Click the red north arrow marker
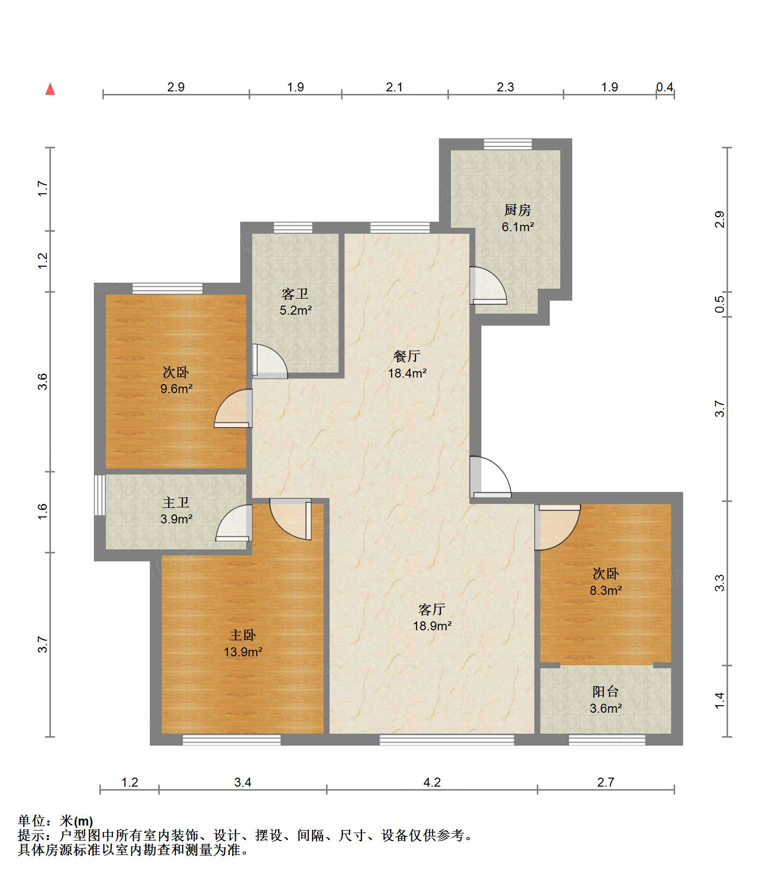pos(50,89)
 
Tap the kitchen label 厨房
pos(517,210)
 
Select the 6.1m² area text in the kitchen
pos(518,227)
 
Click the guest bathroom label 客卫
pos(295,294)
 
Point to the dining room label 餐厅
pos(407,356)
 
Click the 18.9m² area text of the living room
pos(432,626)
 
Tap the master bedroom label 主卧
pos(243,635)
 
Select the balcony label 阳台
pos(606,692)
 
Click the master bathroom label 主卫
pos(176,502)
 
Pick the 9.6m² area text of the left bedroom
pos(176,389)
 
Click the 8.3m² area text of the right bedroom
pos(606,590)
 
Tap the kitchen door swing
pos(488,286)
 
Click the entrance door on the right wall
pos(490,477)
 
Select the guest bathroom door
pos(270,361)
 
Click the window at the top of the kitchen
pos(508,144)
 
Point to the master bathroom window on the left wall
pos(100,495)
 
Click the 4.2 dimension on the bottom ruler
pos(432,782)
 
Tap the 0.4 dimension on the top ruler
pos(665,87)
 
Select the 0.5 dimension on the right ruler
pos(720,304)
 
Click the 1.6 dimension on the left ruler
pos(42,511)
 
